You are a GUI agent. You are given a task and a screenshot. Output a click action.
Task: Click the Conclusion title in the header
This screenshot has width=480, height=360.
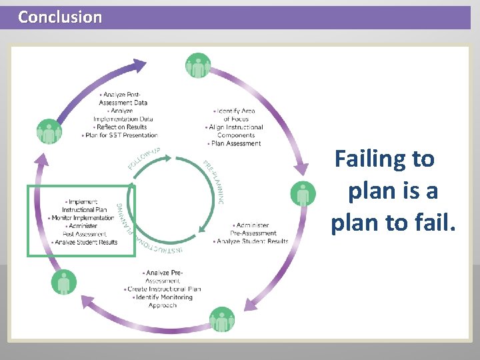60,17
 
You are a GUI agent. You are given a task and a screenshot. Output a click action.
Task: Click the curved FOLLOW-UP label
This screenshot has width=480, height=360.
143,157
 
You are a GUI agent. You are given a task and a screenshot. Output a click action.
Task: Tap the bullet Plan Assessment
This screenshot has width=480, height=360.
235,143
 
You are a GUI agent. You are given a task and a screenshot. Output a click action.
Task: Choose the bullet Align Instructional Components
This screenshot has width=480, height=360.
236,131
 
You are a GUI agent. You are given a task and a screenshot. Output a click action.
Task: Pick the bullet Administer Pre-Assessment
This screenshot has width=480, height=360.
253,229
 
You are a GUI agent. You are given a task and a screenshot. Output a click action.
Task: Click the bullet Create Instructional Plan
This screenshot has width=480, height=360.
163,289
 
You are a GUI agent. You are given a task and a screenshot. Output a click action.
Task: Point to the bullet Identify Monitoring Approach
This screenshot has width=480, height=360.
163,301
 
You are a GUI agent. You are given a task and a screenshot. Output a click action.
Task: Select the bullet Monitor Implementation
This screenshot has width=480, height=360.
83,218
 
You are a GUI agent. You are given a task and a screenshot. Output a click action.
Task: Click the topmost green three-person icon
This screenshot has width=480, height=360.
197,65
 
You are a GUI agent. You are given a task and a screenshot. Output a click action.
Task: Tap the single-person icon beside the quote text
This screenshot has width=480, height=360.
303,194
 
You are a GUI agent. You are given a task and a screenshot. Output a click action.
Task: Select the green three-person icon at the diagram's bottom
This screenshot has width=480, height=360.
222,320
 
